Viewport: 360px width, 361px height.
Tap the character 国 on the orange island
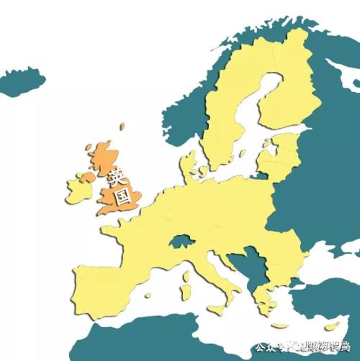124,194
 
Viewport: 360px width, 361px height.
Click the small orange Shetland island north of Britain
122,127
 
